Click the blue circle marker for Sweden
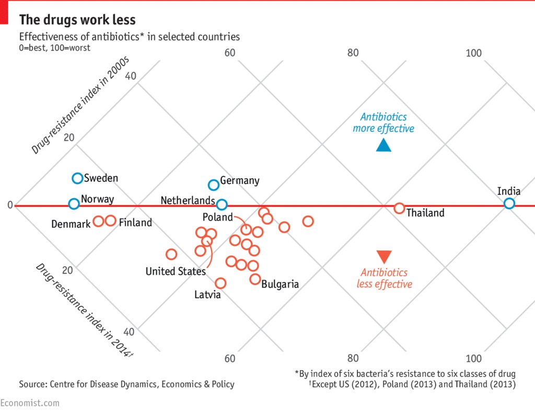[x=77, y=178]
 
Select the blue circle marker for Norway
[x=74, y=203]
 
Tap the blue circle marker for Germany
[x=213, y=185]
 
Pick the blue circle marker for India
[x=509, y=203]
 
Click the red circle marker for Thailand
[x=399, y=208]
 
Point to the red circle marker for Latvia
[x=220, y=283]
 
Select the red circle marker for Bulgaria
[x=255, y=279]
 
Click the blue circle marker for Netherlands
[x=222, y=204]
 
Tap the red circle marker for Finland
[x=110, y=221]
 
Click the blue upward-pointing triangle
[x=383, y=145]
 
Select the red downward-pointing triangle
[x=383, y=257]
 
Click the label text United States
[x=176, y=271]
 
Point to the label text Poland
[x=217, y=217]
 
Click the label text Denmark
[x=71, y=224]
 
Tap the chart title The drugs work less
[x=77, y=20]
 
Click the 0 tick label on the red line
[x=9, y=205]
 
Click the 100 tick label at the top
[x=473, y=53]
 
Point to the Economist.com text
[x=30, y=403]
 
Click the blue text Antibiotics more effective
[x=383, y=123]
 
